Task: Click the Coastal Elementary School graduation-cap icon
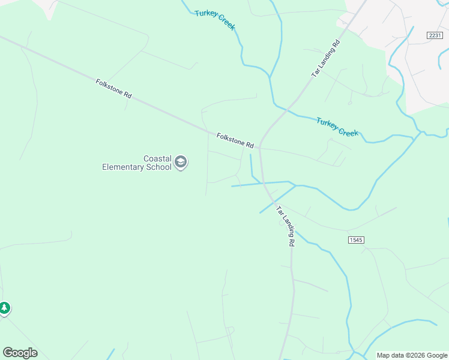[181, 162]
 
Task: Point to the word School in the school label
[159, 167]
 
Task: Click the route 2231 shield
[435, 35]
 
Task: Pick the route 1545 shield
[356, 240]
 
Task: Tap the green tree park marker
[5, 308]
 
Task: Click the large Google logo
[20, 353]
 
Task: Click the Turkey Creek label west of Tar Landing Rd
[215, 20]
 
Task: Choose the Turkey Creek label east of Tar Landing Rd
[337, 126]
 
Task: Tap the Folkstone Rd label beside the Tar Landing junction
[235, 141]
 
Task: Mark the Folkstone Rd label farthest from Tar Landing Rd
[113, 89]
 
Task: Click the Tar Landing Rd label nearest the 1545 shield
[286, 226]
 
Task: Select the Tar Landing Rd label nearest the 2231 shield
[326, 58]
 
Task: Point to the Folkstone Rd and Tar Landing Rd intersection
[259, 148]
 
